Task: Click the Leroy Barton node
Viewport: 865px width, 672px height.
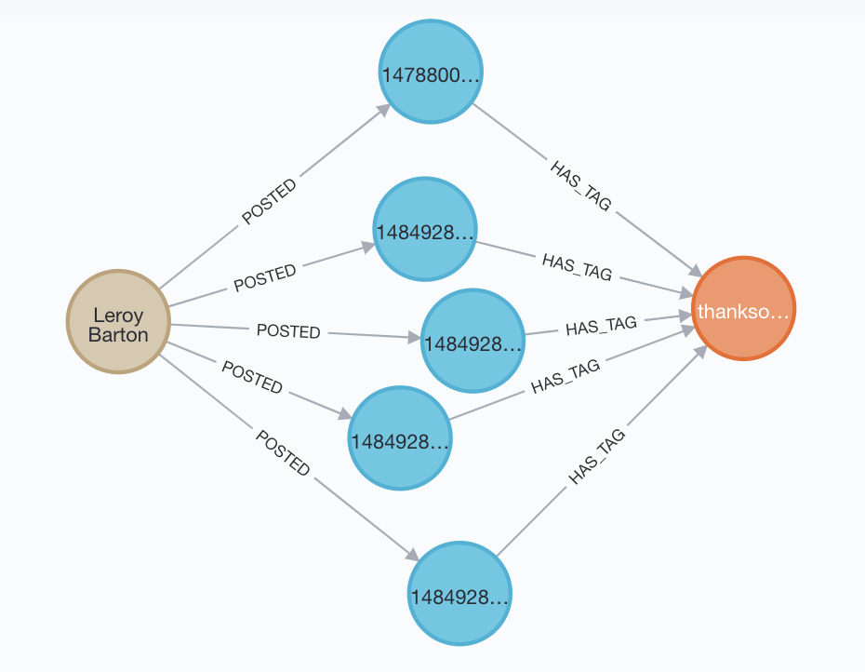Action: (x=118, y=322)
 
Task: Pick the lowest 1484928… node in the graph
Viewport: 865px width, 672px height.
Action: (x=459, y=594)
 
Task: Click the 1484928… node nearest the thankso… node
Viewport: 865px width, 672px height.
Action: (x=472, y=340)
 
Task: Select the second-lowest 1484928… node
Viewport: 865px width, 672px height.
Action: (x=400, y=437)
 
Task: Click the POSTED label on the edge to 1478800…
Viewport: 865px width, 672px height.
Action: (x=270, y=200)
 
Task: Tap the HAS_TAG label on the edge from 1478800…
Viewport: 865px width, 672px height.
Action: (x=581, y=186)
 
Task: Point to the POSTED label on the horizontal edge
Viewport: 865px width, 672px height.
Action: (x=288, y=331)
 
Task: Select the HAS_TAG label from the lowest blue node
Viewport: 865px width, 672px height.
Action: (x=596, y=457)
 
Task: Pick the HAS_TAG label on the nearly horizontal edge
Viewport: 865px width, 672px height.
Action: (x=601, y=325)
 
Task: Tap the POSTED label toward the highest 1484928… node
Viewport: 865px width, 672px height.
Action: (x=265, y=276)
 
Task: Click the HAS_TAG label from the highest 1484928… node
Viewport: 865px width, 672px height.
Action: (x=577, y=266)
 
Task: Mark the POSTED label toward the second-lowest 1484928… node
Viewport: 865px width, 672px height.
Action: (x=251, y=376)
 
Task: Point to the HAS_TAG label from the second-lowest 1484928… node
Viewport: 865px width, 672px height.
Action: (x=566, y=376)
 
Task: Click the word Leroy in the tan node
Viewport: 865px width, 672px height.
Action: (x=118, y=314)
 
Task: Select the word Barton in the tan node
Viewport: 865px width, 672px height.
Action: (x=118, y=333)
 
